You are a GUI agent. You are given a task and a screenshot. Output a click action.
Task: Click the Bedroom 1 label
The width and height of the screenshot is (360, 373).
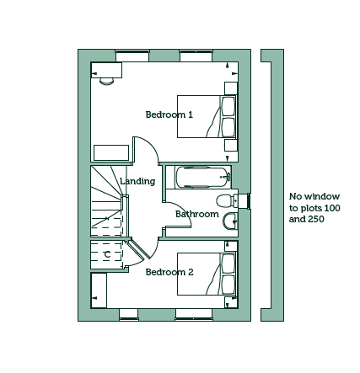(x=169, y=115)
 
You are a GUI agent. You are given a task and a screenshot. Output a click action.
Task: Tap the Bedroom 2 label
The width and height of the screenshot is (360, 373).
(x=169, y=272)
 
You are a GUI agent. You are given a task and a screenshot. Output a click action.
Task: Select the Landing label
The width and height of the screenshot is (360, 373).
(x=137, y=181)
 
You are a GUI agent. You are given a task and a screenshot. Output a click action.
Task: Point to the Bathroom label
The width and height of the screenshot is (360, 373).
(x=197, y=214)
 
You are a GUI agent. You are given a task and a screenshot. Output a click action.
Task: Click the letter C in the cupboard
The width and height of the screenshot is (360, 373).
(x=107, y=254)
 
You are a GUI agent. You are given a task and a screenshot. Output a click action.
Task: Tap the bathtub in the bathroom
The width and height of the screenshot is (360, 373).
(x=203, y=177)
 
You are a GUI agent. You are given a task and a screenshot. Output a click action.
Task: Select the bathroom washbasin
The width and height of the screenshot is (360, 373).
(x=230, y=221)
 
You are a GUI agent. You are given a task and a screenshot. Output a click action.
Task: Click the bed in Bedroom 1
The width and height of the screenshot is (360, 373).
(x=207, y=116)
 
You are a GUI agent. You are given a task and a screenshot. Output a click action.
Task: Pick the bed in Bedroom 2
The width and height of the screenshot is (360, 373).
(x=207, y=274)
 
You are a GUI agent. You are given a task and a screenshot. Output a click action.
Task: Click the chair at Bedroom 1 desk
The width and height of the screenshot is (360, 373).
(x=107, y=82)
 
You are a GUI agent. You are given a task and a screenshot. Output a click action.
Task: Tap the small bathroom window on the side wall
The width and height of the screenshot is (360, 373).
(x=248, y=201)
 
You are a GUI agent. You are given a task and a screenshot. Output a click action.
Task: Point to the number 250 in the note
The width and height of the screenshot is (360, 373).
(x=316, y=219)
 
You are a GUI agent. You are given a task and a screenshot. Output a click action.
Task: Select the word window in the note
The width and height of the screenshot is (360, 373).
(x=322, y=196)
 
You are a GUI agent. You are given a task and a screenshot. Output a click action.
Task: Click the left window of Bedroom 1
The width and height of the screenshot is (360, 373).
(x=132, y=56)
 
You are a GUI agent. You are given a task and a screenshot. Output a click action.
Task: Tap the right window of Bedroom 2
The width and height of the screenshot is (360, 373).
(x=194, y=314)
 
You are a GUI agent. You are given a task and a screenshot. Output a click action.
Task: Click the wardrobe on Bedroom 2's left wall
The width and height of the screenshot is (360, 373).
(x=99, y=290)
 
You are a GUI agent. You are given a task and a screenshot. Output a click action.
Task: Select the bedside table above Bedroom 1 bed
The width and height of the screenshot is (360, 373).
(x=231, y=88)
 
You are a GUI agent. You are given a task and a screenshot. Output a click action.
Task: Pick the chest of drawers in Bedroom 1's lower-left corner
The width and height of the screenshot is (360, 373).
(x=111, y=153)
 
